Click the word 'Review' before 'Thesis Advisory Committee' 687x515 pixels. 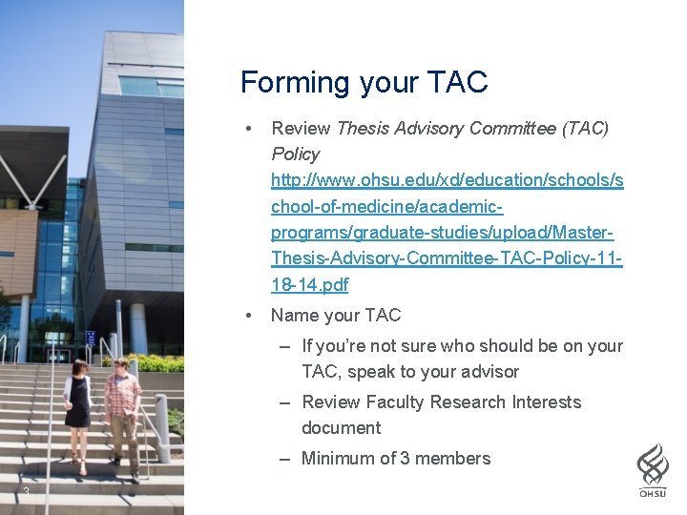point(301,128)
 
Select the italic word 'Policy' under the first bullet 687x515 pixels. point(296,154)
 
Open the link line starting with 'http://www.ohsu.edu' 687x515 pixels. point(447,179)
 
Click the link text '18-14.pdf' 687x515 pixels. point(310,284)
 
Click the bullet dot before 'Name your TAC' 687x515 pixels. point(248,316)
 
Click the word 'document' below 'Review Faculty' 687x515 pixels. point(341,428)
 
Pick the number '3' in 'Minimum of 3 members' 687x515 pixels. point(405,459)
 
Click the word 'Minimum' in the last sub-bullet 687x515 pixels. point(337,459)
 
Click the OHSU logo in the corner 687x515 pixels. point(653,470)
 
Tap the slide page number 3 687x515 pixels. point(26,491)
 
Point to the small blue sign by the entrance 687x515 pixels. point(91,337)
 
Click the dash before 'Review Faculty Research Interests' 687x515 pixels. point(285,402)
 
